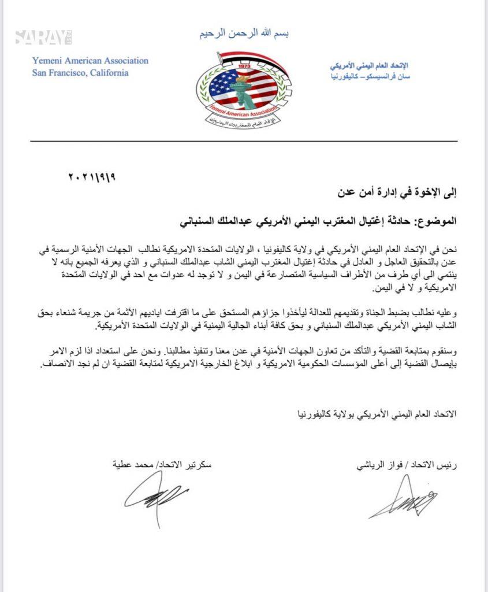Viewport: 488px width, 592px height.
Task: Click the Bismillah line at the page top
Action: tap(244, 34)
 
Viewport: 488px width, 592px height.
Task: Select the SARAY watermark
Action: tap(43, 38)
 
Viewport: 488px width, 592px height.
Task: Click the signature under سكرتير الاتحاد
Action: tap(154, 497)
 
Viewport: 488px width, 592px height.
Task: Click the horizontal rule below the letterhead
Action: tap(244, 141)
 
